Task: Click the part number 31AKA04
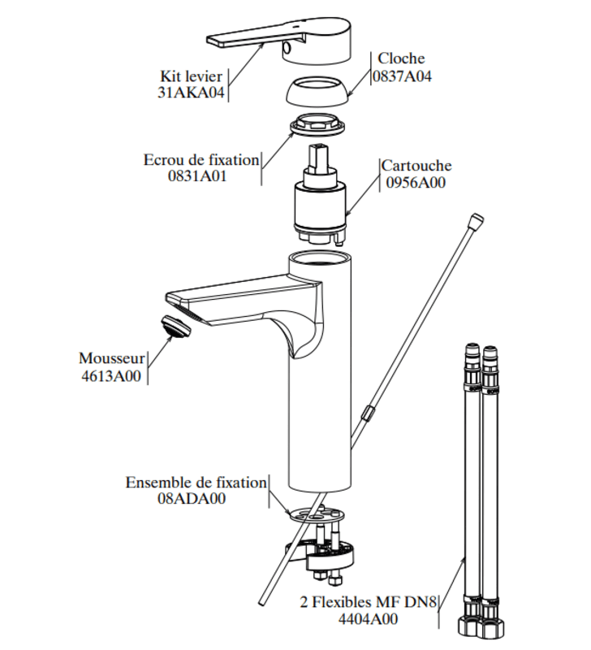point(190,93)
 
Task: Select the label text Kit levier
point(192,76)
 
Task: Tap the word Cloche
point(401,59)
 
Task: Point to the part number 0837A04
point(402,76)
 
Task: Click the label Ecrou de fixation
point(201,159)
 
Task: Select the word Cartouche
point(416,166)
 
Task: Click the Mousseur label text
point(112,357)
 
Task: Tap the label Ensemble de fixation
point(196,483)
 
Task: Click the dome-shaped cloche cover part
point(317,91)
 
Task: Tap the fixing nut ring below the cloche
point(317,128)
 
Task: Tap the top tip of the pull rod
point(477,219)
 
